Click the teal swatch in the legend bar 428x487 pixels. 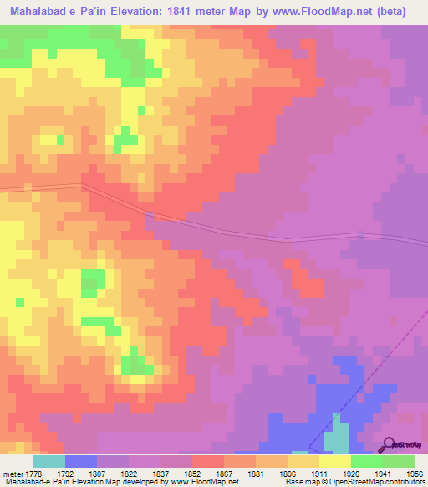point(49,461)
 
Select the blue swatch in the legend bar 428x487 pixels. point(81,461)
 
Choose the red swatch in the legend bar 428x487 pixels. point(208,461)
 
